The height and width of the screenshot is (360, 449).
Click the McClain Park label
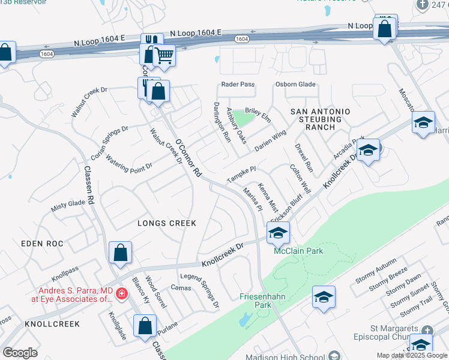coord(298,250)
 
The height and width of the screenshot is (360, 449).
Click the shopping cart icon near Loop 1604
coord(163,57)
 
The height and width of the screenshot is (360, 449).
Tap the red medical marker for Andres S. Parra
coord(121,293)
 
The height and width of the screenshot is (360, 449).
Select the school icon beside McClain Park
coord(278,232)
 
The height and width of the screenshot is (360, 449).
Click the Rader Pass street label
coord(238,85)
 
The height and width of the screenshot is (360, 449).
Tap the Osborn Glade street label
coord(295,85)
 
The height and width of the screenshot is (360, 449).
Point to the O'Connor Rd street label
coord(189,158)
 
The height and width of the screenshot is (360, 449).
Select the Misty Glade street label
coord(68,204)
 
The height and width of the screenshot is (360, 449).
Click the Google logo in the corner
coord(20,352)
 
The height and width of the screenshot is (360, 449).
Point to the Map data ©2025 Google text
coord(412,355)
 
